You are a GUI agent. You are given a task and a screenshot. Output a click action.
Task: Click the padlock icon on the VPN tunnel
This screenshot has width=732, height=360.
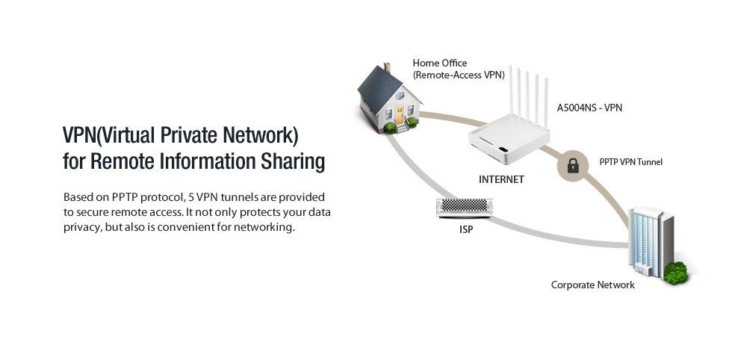click(573, 166)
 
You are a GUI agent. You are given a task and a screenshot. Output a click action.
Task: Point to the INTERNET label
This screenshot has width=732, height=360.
click(501, 180)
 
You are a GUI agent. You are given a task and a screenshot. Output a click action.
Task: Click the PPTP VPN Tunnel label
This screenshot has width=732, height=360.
click(630, 162)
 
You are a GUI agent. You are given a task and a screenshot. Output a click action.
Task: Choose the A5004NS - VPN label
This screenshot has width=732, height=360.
click(589, 108)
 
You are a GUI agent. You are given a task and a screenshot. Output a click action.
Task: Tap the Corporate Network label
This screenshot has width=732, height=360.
click(592, 285)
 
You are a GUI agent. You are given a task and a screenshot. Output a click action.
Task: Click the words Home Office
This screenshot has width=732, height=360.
click(439, 63)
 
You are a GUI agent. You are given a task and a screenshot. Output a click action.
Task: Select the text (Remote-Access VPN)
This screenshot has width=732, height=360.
click(459, 75)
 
